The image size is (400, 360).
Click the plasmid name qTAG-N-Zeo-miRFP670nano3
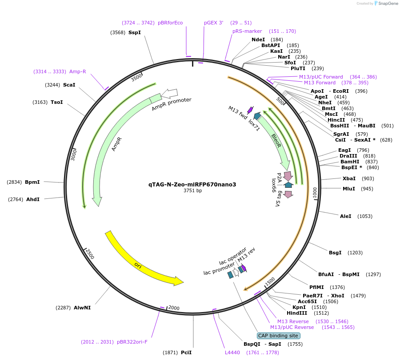point(192,184)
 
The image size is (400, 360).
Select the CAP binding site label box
point(279,336)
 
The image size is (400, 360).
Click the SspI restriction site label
point(134,32)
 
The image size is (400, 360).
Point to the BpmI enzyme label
point(32,182)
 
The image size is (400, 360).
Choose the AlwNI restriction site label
point(82,308)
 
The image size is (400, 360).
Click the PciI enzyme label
point(186,352)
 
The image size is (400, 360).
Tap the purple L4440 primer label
point(232,352)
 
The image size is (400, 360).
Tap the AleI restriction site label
point(345,216)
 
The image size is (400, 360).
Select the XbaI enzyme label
point(349,178)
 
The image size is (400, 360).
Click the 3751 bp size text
point(192,191)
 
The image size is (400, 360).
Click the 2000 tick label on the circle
point(174,308)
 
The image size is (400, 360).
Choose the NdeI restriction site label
point(258,40)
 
